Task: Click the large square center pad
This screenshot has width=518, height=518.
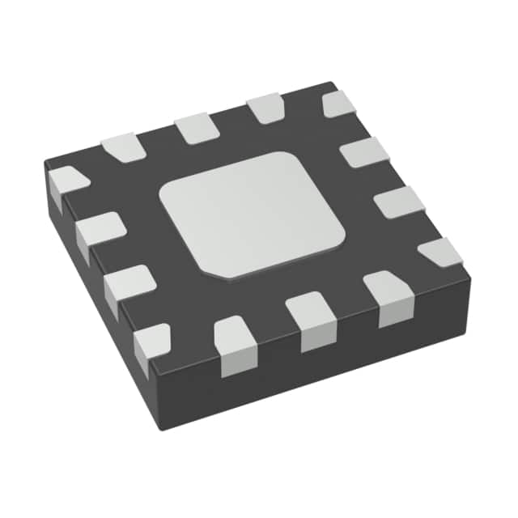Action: (x=252, y=214)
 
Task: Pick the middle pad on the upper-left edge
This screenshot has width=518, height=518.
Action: (x=193, y=128)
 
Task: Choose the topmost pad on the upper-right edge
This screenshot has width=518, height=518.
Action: (x=339, y=103)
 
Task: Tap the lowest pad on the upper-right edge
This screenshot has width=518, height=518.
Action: (x=440, y=253)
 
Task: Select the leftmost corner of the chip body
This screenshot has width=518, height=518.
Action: (x=44, y=165)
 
